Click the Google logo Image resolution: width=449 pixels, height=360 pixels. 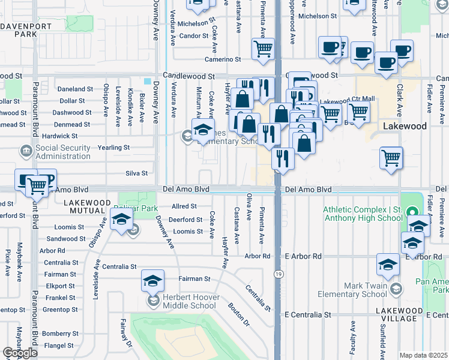(20, 353)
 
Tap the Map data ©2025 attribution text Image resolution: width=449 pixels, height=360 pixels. (423, 355)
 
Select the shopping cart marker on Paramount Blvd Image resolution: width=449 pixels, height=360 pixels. (37, 186)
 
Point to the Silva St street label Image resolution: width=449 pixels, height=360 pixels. (136, 173)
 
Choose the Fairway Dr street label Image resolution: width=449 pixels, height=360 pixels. (125, 333)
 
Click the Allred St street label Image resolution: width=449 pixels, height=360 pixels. (184, 206)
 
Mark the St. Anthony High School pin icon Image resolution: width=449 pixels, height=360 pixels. (412, 212)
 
